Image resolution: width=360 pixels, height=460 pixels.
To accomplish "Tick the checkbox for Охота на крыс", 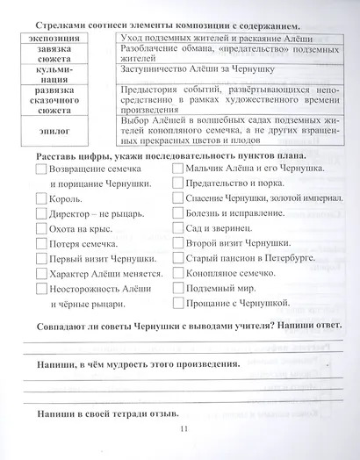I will tap(40, 228).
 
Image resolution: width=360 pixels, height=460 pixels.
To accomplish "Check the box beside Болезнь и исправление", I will tap(178, 212).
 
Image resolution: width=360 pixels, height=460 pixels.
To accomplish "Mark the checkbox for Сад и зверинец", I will tap(178, 227).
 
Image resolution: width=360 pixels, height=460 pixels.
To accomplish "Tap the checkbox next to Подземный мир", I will tap(178, 287).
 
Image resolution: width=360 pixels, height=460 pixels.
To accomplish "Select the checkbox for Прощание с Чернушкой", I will tap(178, 302).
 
